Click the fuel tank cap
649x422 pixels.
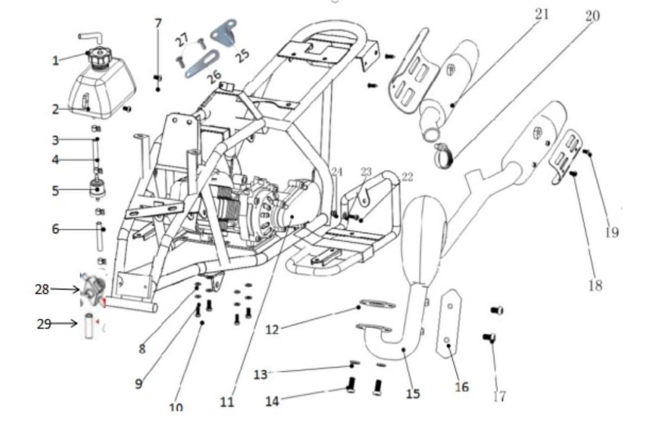point(98,57)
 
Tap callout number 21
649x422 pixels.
point(542,15)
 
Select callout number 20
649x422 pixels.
point(593,16)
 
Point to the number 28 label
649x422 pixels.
point(42,289)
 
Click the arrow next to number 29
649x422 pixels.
point(65,323)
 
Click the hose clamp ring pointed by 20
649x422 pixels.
point(443,156)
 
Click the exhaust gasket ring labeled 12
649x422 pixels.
point(378,304)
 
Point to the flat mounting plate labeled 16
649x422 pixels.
point(448,324)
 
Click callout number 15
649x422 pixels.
point(413,394)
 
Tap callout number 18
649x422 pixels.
point(595,286)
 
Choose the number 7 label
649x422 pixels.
point(158,23)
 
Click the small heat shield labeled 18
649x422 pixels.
point(566,157)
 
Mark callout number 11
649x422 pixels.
point(227,402)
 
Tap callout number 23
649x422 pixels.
point(366,172)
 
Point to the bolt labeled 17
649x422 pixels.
point(489,338)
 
